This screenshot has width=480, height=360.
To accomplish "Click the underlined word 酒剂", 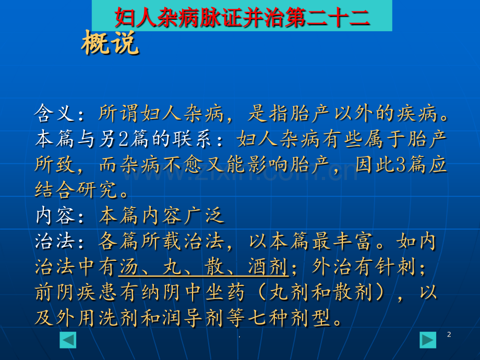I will pos(269,267).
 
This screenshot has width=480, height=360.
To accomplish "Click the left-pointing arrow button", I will pos(68,340).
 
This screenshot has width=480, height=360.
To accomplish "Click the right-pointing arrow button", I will pos(428,340).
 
